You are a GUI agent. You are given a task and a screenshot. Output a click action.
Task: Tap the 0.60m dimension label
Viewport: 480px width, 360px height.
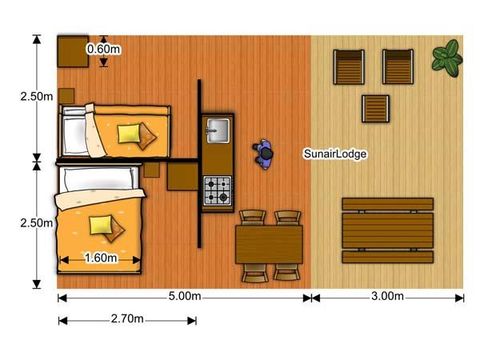tap(104, 49)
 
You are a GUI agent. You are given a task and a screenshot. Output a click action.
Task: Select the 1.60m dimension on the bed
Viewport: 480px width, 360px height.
tap(100, 258)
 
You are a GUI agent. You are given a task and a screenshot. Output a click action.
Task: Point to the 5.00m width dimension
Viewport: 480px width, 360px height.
tap(187, 297)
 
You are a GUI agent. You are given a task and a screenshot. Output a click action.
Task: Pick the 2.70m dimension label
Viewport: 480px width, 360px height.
tap(127, 320)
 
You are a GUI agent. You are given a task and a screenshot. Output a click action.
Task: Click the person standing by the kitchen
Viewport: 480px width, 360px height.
tap(264, 153)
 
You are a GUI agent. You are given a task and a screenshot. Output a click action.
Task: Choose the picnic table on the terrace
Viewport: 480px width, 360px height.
tap(387, 230)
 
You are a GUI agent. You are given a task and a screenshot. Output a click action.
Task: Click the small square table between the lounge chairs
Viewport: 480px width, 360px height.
tap(375, 108)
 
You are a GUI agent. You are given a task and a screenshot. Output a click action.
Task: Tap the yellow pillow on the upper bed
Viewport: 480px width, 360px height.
tap(131, 133)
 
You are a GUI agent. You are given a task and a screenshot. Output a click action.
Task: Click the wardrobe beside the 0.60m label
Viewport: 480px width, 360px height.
tap(72, 50)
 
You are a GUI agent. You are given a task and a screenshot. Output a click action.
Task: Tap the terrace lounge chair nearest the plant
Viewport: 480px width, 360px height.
tap(398, 66)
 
